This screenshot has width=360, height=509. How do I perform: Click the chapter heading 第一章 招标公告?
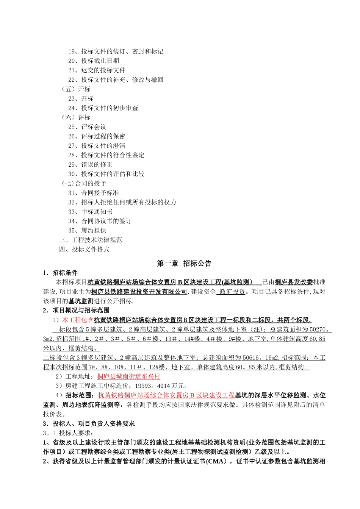(184, 264)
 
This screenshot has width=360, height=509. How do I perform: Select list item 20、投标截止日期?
(94, 61)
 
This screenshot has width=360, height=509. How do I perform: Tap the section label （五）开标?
(76, 89)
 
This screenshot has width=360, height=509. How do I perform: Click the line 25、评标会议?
(87, 127)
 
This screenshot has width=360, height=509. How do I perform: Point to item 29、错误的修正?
(90, 164)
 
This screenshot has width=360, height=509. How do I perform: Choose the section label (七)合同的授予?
(84, 183)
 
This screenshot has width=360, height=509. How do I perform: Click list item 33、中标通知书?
(90, 212)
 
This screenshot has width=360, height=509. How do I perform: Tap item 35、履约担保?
(87, 231)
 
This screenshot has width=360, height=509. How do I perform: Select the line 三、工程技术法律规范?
(90, 240)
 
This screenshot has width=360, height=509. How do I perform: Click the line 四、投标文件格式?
(84, 250)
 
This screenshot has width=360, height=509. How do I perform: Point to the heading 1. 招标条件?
(60, 273)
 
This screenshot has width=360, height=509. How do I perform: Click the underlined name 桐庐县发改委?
(294, 282)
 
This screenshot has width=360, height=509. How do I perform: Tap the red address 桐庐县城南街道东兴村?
(128, 376)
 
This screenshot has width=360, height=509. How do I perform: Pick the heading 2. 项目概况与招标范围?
(76, 311)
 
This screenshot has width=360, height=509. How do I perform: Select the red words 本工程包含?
(78, 320)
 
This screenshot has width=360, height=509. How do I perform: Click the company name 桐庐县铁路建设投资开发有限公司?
(139, 292)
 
